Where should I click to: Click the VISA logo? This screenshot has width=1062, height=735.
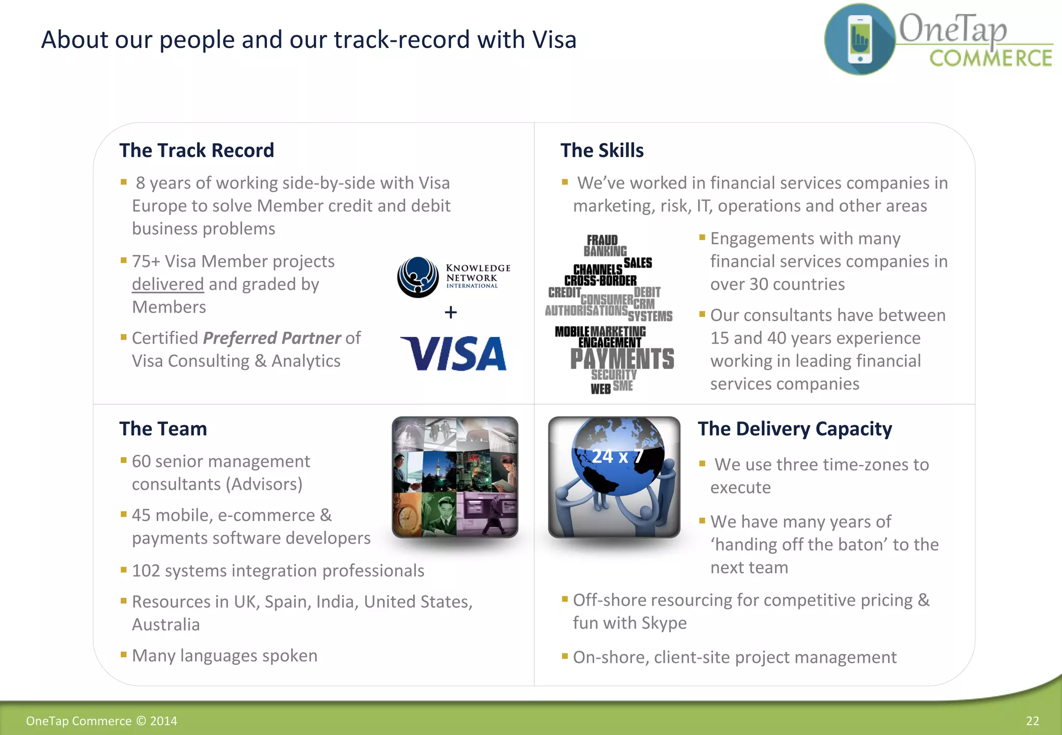(453, 354)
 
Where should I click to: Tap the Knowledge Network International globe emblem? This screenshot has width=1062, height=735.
(418, 277)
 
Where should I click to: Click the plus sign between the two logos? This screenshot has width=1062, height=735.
(451, 312)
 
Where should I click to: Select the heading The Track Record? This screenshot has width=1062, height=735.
(197, 150)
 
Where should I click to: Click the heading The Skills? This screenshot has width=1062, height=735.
(602, 150)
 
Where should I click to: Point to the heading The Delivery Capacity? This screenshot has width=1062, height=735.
(794, 429)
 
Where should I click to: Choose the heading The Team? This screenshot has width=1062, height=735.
(163, 429)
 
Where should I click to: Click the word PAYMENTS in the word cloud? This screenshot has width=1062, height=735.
(622, 359)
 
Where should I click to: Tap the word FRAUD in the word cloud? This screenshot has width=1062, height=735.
(602, 240)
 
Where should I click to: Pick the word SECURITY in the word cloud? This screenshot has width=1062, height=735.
(614, 374)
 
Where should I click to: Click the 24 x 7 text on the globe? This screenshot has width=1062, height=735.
(617, 456)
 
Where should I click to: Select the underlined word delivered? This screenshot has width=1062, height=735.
(167, 284)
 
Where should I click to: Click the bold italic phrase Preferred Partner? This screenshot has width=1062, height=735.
(272, 338)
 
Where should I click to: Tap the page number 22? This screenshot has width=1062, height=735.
(1032, 721)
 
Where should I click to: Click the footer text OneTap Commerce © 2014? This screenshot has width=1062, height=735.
(102, 721)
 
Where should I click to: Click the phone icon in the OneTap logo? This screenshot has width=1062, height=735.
(860, 39)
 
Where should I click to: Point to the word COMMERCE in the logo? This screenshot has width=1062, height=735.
(990, 58)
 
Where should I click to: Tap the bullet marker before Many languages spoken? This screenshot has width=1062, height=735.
(123, 655)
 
